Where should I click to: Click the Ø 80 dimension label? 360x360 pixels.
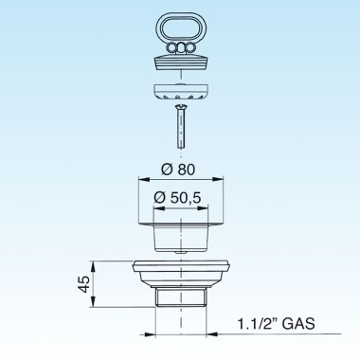pyautogui.click(x=178, y=170)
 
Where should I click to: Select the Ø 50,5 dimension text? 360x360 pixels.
pyautogui.click(x=177, y=198)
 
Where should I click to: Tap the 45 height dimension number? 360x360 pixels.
pyautogui.click(x=83, y=284)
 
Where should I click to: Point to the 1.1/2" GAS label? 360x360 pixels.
pyautogui.click(x=276, y=324)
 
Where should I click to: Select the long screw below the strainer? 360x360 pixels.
pyautogui.click(x=180, y=127)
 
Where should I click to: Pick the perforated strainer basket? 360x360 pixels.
pyautogui.click(x=180, y=92)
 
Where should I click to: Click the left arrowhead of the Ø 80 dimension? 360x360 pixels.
pyautogui.click(x=143, y=179)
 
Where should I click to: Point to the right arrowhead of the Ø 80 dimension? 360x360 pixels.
pyautogui.click(x=219, y=179)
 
